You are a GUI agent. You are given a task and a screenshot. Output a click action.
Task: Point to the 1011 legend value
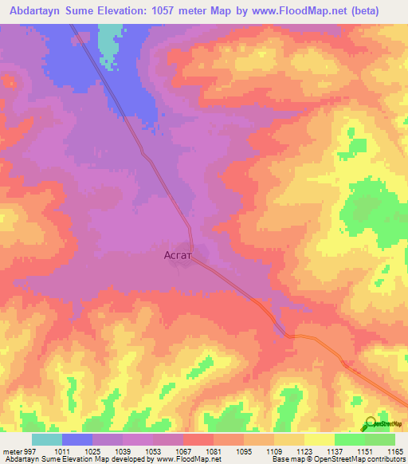point(62,450)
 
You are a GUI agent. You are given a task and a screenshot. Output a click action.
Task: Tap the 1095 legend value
point(244,450)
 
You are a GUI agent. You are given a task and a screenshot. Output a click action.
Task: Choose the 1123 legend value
point(304,450)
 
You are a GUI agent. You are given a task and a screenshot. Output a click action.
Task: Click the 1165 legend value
point(395,450)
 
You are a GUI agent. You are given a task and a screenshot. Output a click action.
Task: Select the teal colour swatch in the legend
point(47,439)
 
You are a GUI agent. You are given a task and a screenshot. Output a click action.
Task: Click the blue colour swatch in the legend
point(77,439)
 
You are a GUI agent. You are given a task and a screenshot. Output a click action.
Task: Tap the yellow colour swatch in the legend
point(320,439)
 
